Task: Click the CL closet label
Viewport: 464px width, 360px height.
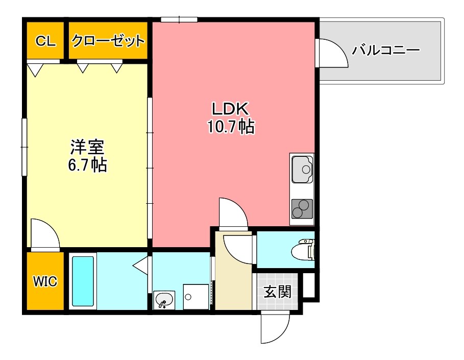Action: (x=45, y=41)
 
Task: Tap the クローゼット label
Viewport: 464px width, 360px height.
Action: (x=108, y=41)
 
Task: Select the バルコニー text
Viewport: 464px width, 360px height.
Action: (x=386, y=50)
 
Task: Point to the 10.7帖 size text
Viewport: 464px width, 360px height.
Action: (x=231, y=126)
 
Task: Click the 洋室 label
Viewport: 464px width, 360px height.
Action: (x=87, y=147)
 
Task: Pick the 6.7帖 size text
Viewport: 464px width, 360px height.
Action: (x=88, y=165)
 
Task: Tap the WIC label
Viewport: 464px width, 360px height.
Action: (x=45, y=281)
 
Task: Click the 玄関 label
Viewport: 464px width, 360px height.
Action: (x=278, y=292)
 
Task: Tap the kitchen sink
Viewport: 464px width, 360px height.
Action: (x=302, y=168)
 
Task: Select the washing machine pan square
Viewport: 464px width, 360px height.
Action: (x=196, y=297)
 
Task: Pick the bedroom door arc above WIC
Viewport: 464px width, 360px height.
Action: (x=45, y=233)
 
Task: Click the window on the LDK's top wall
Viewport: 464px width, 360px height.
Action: (x=179, y=19)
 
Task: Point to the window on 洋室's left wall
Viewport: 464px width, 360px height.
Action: (x=23, y=147)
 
